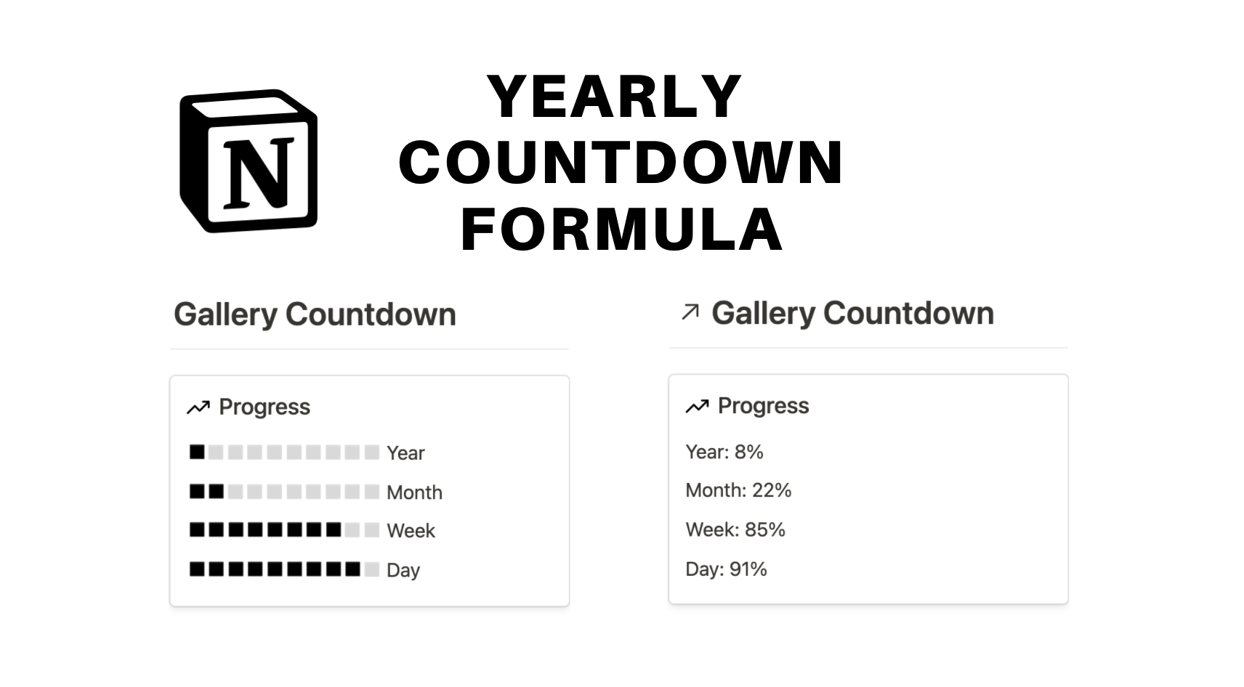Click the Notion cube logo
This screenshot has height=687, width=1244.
point(249,160)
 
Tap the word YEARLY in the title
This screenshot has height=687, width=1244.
point(615,97)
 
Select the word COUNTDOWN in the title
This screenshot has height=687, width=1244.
point(621,163)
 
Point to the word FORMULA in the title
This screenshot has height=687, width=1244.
point(622,229)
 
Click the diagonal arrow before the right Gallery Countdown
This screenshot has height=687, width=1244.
point(690,312)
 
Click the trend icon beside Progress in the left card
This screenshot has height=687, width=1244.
point(198,407)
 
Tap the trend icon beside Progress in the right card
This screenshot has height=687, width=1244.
point(697,406)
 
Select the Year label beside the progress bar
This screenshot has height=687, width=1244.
point(405,453)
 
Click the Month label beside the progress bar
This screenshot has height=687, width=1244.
point(414,492)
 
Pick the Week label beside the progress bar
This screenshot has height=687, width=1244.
point(411,531)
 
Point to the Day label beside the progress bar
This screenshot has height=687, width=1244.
point(403,570)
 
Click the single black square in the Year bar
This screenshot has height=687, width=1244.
point(197,452)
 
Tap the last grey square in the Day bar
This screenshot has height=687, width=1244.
point(371,569)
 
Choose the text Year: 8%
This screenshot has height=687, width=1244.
point(724,452)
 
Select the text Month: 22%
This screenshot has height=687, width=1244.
point(738,490)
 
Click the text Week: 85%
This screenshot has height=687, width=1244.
point(735,529)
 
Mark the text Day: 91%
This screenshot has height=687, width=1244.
point(726,569)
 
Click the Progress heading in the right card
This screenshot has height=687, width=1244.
point(763,406)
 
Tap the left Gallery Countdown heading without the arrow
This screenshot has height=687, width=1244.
point(315,314)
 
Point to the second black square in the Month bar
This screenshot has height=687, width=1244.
point(217,492)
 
